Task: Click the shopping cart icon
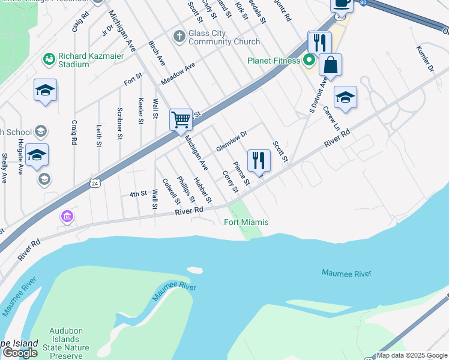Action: click(181, 120)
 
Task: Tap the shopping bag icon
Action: click(330, 64)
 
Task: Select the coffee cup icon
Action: click(342, 4)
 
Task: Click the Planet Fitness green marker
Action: click(309, 60)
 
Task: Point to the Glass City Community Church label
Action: click(224, 38)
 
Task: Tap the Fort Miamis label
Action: click(246, 222)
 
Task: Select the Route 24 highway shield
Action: click(95, 184)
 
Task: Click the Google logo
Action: click(20, 353)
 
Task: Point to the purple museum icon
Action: click(67, 216)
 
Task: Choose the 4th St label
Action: click(138, 194)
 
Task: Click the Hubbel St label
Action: click(203, 190)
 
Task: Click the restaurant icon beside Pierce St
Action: click(259, 160)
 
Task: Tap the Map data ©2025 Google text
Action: click(412, 355)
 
